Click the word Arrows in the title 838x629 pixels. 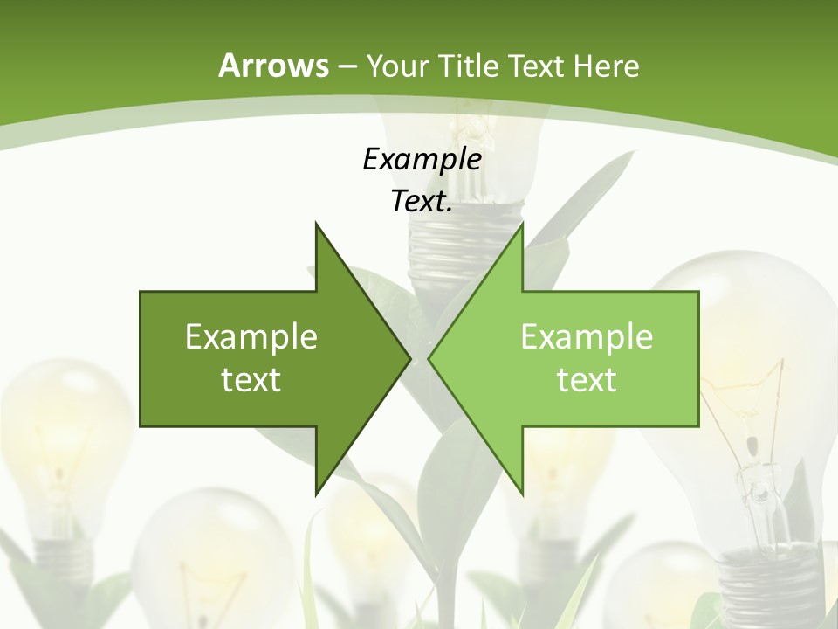point(274,66)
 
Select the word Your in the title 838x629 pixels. point(396,66)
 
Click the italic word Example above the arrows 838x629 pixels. point(422,159)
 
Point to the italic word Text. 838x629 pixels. point(422,202)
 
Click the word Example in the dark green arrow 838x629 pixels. point(251,336)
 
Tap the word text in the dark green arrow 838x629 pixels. point(251,379)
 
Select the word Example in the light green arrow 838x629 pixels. point(587,336)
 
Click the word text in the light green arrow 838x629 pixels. point(587,379)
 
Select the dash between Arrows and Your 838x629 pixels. point(346,66)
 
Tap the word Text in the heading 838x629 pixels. point(535,66)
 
